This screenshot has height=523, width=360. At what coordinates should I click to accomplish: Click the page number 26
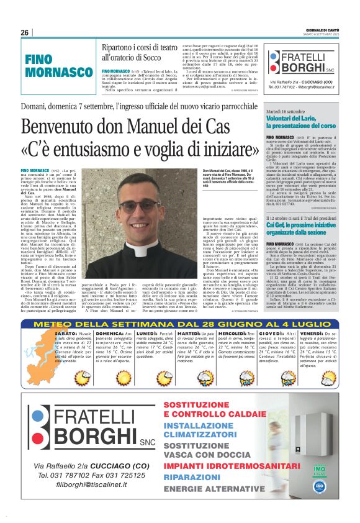point(25,32)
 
